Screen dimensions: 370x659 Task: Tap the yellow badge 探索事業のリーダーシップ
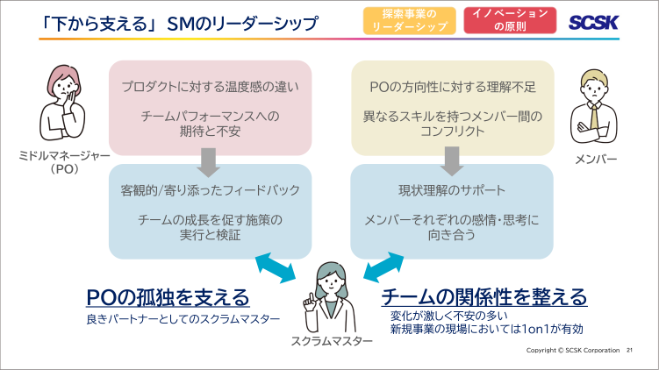point(410,21)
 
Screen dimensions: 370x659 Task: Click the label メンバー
point(596,160)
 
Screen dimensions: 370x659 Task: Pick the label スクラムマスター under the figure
point(326,342)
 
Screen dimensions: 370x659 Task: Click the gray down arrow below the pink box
point(209,159)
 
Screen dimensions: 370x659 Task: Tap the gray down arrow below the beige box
point(452,159)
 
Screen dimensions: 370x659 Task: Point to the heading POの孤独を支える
point(168,297)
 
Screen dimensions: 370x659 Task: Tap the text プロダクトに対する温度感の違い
point(210,86)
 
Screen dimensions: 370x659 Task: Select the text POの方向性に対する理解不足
point(452,86)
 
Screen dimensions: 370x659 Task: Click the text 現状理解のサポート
point(452,189)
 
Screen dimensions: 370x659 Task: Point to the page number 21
point(629,352)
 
